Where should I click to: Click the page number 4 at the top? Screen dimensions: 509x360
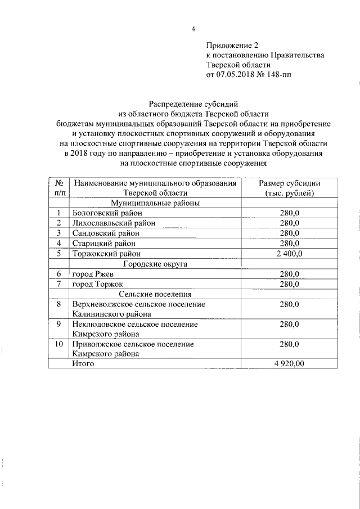pos(192,29)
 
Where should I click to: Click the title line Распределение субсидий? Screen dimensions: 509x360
pos(193,104)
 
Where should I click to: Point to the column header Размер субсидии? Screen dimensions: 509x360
pos(289,183)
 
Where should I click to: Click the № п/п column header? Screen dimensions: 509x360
pos(58,188)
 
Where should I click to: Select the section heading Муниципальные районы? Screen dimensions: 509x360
pos(156,203)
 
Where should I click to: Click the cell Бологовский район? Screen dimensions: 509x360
pos(107,213)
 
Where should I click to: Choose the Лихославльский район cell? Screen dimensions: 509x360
pos(114,223)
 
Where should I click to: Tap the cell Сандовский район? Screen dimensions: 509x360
pos(106,233)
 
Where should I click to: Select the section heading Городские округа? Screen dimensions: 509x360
pos(156,264)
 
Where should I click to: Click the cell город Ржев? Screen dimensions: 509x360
pos(92,274)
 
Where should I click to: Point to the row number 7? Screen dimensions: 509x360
pos(58,284)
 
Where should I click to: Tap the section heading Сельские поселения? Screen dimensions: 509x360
pos(156,294)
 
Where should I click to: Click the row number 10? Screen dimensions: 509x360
pos(58,344)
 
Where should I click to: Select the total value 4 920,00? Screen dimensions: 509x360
pos(289,364)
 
